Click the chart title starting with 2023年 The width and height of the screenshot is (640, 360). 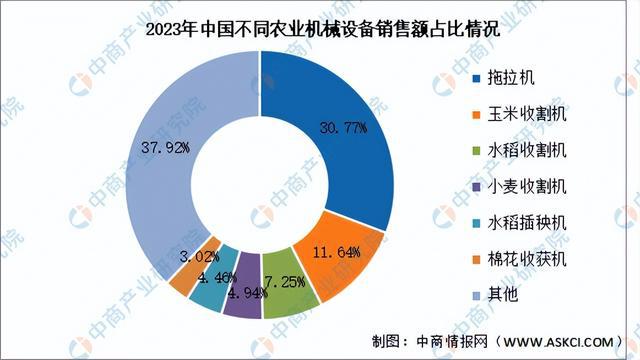coord(320,28)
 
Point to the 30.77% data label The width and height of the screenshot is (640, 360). coord(343,128)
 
